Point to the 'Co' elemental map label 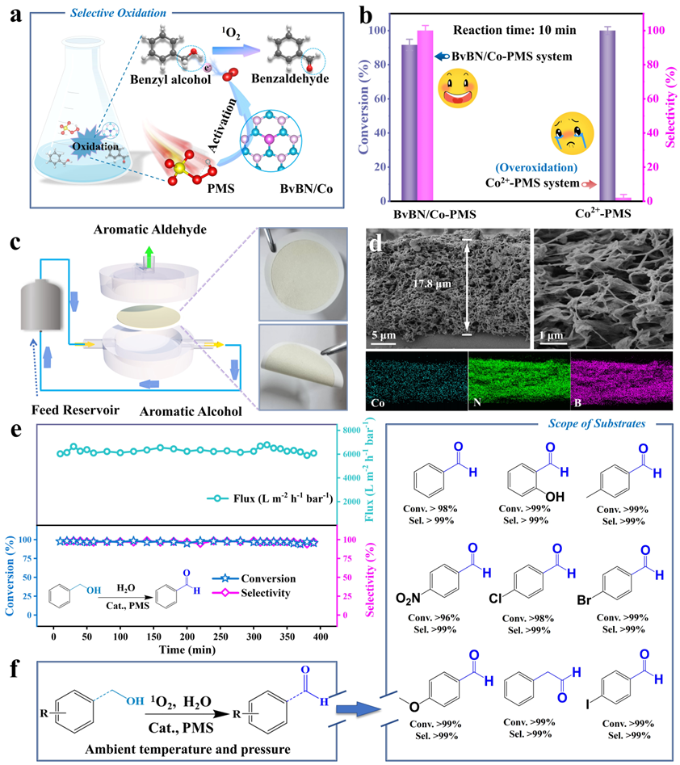379,401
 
